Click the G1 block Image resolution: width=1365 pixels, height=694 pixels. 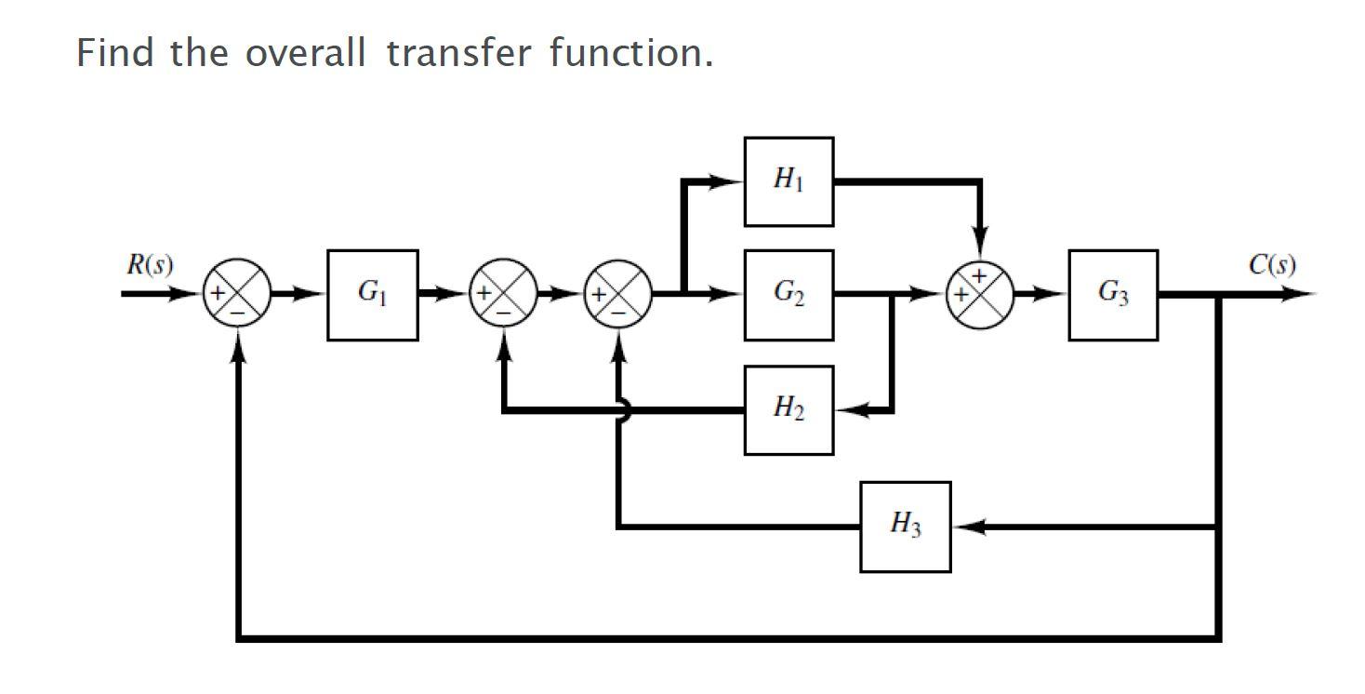pyautogui.click(x=372, y=295)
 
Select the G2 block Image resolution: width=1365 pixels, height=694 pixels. pyautogui.click(x=789, y=295)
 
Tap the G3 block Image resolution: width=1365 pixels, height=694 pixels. pyautogui.click(x=1113, y=295)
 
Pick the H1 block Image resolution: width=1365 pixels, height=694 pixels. pyautogui.click(x=789, y=181)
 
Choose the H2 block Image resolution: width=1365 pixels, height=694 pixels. pyautogui.click(x=789, y=409)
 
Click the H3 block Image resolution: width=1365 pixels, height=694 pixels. pyautogui.click(x=905, y=527)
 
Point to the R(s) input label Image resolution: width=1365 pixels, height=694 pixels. pyautogui.click(x=149, y=265)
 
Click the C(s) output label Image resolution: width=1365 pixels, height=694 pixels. pyautogui.click(x=1271, y=265)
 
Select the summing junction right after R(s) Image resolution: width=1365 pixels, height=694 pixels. pyautogui.click(x=238, y=295)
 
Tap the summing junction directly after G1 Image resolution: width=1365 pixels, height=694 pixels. pyautogui.click(x=503, y=295)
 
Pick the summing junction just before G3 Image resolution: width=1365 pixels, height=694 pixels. pyautogui.click(x=979, y=295)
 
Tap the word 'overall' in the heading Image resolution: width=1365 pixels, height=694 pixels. pyautogui.click(x=306, y=53)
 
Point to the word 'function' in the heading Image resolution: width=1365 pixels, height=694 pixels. pyautogui.click(x=629, y=53)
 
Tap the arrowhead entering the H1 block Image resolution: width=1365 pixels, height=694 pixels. pyautogui.click(x=730, y=181)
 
